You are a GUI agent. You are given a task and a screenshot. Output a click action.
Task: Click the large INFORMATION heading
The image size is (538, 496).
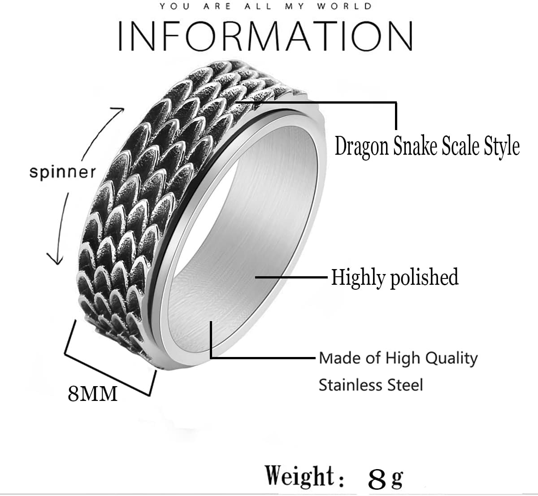[x=265, y=36]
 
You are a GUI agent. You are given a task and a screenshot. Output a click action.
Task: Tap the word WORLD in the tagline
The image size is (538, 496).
[x=344, y=6]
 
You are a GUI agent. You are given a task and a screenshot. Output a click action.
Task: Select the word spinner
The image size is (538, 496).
[x=62, y=172]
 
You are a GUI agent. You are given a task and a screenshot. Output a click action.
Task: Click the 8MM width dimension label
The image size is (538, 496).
[x=92, y=394]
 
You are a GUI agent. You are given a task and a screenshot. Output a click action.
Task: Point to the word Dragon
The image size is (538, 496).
[x=362, y=147]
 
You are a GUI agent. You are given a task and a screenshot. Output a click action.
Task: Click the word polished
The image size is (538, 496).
[x=424, y=278]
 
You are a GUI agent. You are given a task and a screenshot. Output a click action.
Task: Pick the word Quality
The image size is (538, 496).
[x=451, y=359]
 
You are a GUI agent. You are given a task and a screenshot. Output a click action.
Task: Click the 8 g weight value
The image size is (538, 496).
[x=386, y=479]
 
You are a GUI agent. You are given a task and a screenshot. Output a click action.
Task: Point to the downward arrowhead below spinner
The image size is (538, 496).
[x=56, y=259]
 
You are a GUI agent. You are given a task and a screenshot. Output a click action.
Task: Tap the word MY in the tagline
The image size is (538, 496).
[x=295, y=6]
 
